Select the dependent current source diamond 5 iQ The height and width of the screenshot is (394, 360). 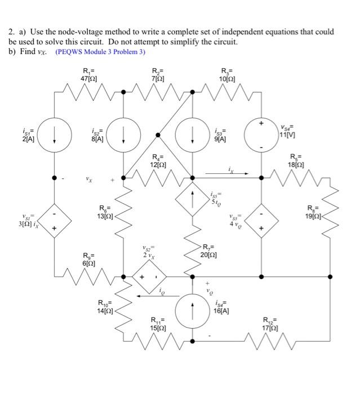[x=192, y=199]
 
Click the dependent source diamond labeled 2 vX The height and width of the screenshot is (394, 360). [x=149, y=277]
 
